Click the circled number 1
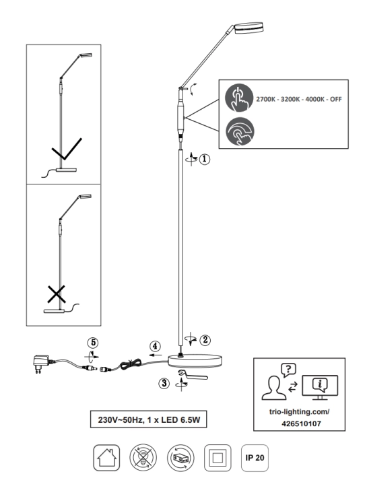tap(205, 159)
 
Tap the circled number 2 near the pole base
tap(205, 339)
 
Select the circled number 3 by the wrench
tap(164, 383)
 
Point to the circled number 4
tap(155, 346)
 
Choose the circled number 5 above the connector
tap(93, 343)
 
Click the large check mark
tap(67, 149)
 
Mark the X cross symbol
tap(57, 294)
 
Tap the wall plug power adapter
tap(41, 364)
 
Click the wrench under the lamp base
tap(193, 374)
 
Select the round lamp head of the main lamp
tap(248, 27)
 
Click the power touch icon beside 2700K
tap(239, 98)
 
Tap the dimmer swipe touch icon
tap(240, 131)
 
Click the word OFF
tap(336, 99)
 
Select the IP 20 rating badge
tap(255, 458)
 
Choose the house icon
tap(106, 458)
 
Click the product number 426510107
tap(301, 423)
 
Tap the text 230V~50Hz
tap(121, 420)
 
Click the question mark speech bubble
tap(288, 370)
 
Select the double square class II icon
tap(218, 458)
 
